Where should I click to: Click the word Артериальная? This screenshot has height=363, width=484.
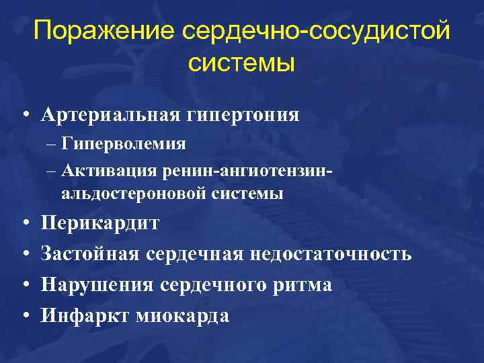[108, 115]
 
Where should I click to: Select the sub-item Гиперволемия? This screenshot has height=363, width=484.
[123, 144]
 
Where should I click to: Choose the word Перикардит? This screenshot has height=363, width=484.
[100, 223]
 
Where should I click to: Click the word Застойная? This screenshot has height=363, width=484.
[90, 254]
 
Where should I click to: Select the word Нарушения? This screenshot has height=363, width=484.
[98, 285]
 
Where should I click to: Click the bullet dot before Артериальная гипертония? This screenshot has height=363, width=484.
[24, 116]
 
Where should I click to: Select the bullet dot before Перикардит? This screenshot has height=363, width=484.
[24, 223]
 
